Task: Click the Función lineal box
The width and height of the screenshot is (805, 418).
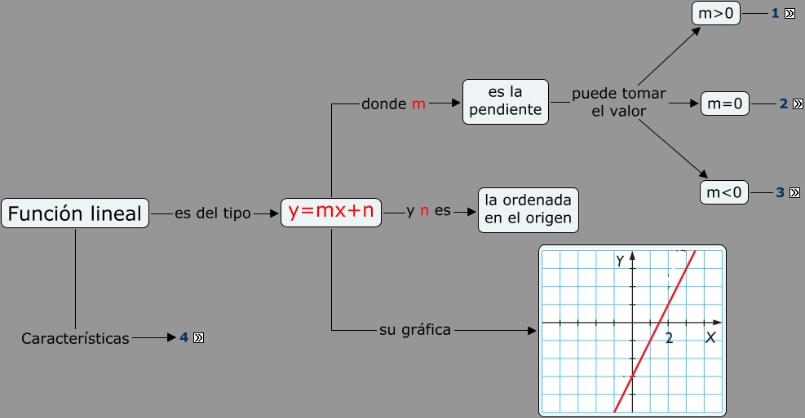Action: click(75, 213)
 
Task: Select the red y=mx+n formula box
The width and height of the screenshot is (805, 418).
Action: click(331, 212)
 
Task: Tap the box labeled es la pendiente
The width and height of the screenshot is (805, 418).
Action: click(506, 101)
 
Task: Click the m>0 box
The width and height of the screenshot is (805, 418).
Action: click(716, 14)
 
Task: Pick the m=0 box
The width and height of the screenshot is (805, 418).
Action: click(724, 103)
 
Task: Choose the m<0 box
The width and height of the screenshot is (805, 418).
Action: click(724, 192)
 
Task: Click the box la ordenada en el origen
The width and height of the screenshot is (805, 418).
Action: click(528, 209)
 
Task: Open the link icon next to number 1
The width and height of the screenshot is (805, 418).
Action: click(790, 14)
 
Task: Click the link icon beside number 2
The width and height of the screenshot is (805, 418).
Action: click(798, 103)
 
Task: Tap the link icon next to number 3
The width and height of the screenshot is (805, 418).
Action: click(795, 193)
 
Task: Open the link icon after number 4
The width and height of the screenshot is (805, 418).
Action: click(198, 337)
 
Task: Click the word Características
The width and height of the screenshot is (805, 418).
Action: click(75, 338)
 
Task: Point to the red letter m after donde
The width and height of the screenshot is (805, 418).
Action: click(418, 104)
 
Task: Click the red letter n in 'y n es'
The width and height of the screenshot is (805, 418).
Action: click(424, 211)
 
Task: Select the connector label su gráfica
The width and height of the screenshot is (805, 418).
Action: click(415, 330)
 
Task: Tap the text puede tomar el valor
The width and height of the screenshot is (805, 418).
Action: click(618, 102)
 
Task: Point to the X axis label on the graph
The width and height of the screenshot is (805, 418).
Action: click(710, 337)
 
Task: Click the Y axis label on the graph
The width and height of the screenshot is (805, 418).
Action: click(621, 260)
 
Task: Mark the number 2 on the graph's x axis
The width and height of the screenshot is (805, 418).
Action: click(669, 337)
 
